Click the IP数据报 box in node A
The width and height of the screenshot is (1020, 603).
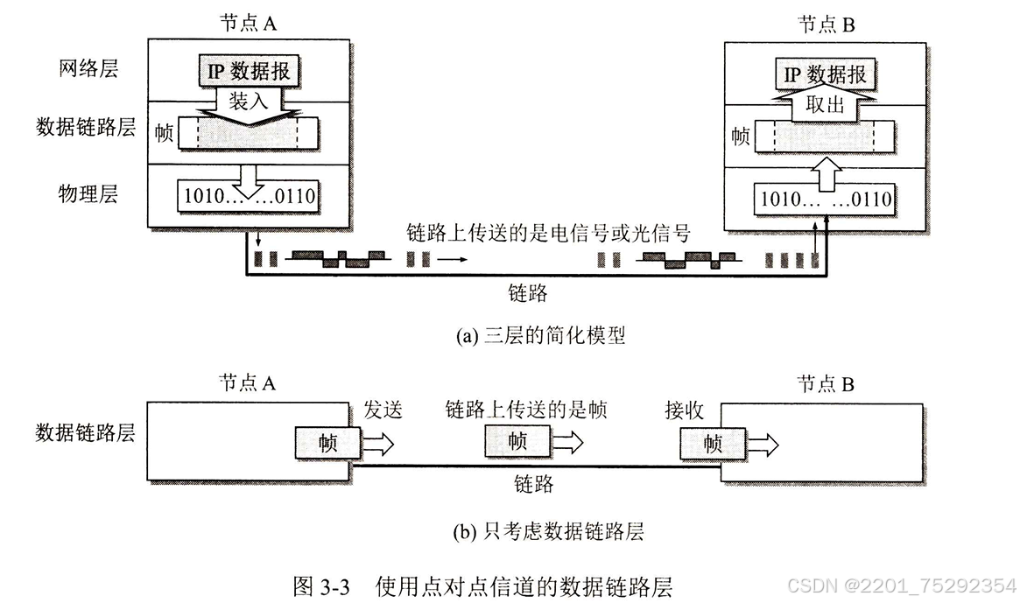[x=248, y=72]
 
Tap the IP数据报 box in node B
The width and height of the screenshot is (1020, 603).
[x=825, y=74]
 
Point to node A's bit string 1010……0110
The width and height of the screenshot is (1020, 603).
[x=248, y=194]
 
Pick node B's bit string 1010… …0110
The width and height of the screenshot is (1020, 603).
[x=826, y=200]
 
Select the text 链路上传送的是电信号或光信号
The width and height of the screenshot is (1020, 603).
[x=549, y=234]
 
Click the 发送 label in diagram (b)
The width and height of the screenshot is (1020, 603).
[x=383, y=410]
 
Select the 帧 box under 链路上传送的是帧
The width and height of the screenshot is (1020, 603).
[x=517, y=442]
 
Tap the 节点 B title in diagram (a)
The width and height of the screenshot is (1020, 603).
[x=826, y=24]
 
